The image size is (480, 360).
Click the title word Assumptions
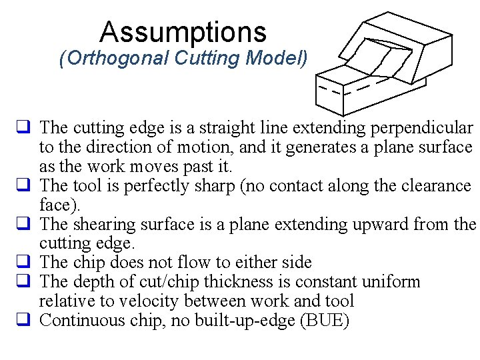(x=183, y=31)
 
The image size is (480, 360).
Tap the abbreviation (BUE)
(x=325, y=321)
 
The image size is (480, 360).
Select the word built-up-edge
(x=246, y=321)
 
